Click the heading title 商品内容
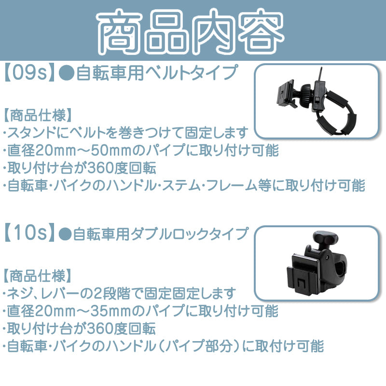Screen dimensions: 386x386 [191, 31]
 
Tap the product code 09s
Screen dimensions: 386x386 [29, 73]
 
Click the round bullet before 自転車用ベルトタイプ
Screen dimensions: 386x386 [67, 74]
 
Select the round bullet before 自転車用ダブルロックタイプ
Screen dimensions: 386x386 [65, 234]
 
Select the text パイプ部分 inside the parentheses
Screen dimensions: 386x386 [199, 346]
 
